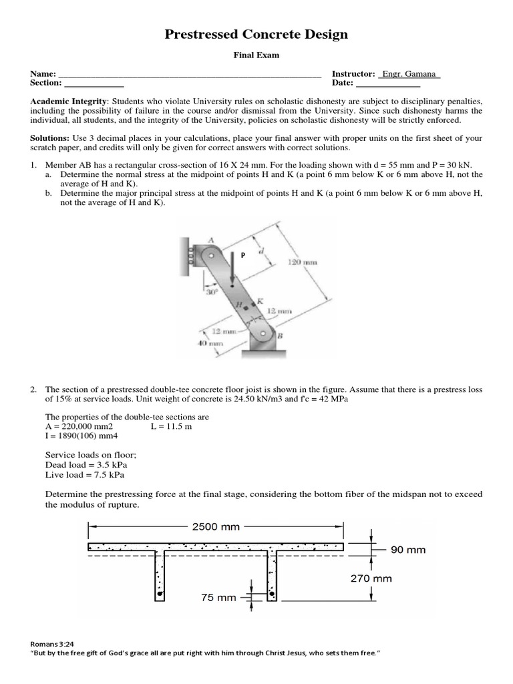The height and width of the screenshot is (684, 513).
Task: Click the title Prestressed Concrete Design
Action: pyautogui.click(x=256, y=35)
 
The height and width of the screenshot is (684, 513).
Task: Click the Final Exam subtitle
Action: pyautogui.click(x=256, y=56)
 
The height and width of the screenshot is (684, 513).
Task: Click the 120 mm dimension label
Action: pyautogui.click(x=302, y=263)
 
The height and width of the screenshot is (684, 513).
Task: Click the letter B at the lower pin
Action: pyautogui.click(x=279, y=336)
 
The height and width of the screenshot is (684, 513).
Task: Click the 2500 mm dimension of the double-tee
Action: pyautogui.click(x=216, y=526)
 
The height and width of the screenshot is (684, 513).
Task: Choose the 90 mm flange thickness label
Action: pyautogui.click(x=408, y=550)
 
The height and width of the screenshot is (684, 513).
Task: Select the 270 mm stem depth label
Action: pyautogui.click(x=371, y=578)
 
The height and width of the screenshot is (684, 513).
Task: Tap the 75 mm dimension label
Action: pyautogui.click(x=218, y=598)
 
